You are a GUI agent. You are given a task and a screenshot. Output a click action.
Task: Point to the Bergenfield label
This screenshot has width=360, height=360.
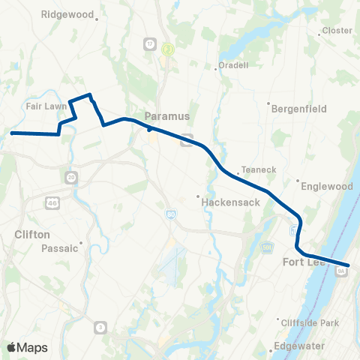[x=298, y=109]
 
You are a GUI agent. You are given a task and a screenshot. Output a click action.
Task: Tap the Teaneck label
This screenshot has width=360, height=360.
[x=253, y=169]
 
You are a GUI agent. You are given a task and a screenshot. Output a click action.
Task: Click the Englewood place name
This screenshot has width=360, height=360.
[x=328, y=185]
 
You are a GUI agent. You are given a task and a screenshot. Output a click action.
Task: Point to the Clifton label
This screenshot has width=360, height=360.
[x=32, y=234]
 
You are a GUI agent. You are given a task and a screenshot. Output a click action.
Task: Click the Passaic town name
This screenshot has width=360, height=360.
[x=60, y=248]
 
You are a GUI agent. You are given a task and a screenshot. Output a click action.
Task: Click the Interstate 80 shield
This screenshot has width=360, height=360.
[x=171, y=215]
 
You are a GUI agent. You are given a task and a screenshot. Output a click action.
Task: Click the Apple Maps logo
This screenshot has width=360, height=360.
[x=27, y=347]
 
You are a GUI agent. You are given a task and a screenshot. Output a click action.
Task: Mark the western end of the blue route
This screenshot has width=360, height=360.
[x=12, y=133]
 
